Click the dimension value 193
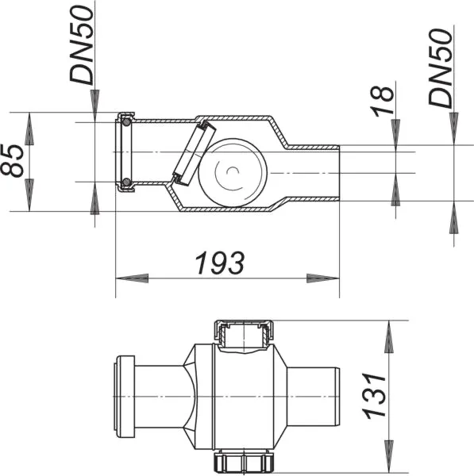pos(220,263)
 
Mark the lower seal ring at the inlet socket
pos(125,184)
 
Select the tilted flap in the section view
pos(191,152)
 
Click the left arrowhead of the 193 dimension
pos(132,278)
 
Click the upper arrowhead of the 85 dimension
pos(29,127)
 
